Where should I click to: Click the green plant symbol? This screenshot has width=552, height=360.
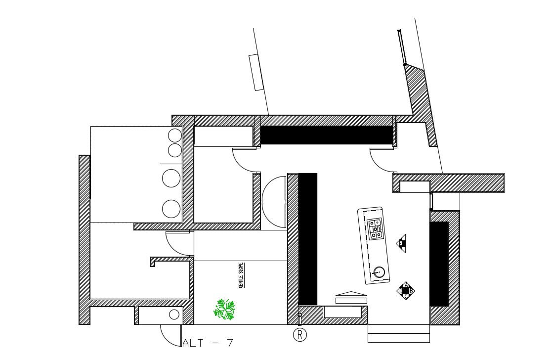[224, 309]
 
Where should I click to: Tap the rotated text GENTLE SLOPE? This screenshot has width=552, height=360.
[241, 275]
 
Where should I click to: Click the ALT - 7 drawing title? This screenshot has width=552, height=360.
[208, 343]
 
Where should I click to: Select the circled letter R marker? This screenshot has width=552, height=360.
[300, 335]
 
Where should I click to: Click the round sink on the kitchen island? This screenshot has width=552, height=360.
[379, 271]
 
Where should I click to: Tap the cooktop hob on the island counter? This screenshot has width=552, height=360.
[375, 228]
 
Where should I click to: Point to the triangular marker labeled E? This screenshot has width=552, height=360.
[401, 243]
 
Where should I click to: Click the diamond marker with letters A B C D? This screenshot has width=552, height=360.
[406, 291]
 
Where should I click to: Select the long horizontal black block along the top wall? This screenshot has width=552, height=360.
[326, 135]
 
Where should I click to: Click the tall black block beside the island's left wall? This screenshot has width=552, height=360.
[307, 238]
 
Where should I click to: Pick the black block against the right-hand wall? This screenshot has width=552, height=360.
[438, 264]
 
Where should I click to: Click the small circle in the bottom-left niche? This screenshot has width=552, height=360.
[173, 315]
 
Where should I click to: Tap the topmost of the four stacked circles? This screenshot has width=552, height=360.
[175, 135]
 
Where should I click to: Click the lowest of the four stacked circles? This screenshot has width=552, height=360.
[171, 209]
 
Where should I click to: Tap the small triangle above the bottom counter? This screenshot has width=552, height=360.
[351, 294]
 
